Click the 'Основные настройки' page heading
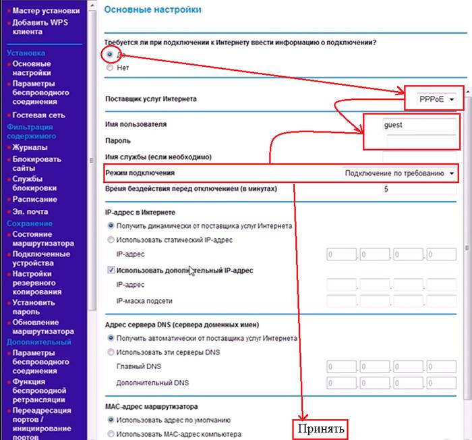153,10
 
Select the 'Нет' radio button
111,67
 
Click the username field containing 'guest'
418,125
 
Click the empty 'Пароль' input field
421,140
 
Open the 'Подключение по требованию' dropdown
400,173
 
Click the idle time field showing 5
418,190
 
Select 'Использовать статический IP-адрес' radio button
111,240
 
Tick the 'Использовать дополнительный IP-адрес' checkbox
111,270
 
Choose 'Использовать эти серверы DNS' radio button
111,352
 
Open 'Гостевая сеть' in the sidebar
38,115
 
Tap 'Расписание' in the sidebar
34,199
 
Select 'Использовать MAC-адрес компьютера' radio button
111,434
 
